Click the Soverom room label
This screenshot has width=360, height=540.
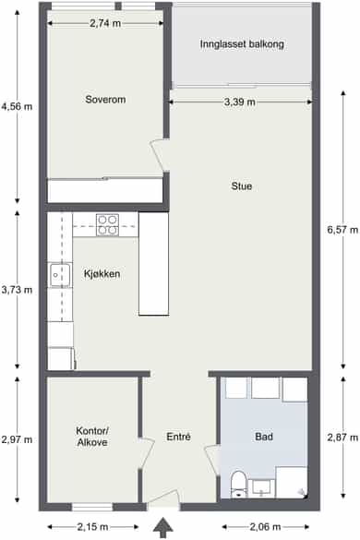105,100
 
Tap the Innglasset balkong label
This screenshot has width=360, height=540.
242,44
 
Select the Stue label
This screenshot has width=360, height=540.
242,186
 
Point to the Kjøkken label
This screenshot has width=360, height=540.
102,274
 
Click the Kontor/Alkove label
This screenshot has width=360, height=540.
92,437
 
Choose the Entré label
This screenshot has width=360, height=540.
178,437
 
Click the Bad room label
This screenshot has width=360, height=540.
264,437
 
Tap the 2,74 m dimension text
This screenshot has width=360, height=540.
105,23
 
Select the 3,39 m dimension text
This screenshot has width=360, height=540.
240,102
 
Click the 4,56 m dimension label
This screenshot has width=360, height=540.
17,106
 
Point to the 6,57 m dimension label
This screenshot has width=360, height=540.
342,229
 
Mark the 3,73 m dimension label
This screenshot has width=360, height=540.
17,290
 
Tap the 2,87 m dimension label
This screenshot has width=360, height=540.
342,438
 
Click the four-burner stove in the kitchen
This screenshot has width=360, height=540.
107,225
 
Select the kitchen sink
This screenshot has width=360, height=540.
61,275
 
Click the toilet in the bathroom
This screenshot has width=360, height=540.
238,484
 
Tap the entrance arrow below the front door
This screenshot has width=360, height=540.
163,528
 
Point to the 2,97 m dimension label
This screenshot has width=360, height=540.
17,439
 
